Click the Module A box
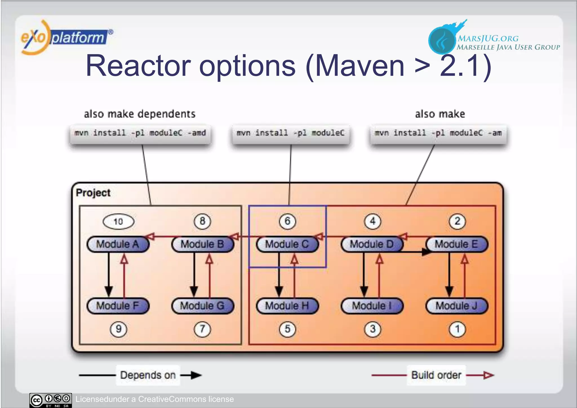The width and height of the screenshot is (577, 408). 118,244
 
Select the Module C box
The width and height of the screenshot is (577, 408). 287,244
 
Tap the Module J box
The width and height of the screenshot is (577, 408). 457,306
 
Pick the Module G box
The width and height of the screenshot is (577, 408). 203,306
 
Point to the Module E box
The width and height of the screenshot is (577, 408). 457,244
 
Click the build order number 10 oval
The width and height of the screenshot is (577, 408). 118,221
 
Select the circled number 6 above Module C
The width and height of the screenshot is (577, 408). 287,221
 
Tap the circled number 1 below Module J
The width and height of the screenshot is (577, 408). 457,329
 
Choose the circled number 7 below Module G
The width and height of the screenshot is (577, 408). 202,329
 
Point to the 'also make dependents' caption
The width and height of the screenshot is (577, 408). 139,114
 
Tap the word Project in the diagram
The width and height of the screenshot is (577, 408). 93,193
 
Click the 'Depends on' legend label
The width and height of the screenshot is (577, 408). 148,375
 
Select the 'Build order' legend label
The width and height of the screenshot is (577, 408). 436,375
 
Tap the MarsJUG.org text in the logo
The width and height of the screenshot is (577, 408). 488,38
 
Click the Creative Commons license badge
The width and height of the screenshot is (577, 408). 51,400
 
